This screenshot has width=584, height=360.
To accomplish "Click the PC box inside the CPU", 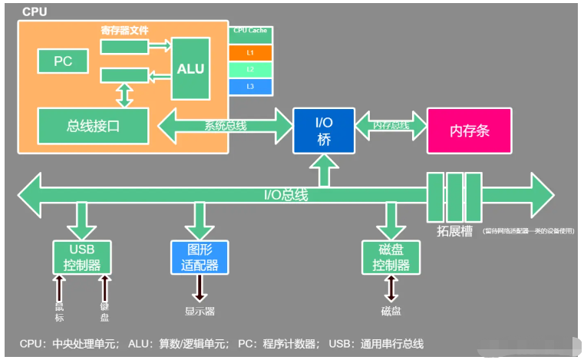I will coord(63,61).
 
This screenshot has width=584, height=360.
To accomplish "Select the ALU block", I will coord(190,68).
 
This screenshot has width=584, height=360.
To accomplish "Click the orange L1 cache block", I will coord(250,52).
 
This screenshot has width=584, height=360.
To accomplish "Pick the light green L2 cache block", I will coord(250,69).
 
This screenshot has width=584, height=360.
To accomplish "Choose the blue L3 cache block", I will coord(250,86).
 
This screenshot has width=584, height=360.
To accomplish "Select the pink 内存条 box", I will coord(468,130).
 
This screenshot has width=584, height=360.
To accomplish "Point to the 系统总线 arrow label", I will coord(225,126).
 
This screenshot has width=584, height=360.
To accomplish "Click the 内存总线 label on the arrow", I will coord(390,125).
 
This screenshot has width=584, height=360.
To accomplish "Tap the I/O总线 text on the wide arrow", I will coord(285,195).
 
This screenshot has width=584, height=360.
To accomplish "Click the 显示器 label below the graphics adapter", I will coord(200,311).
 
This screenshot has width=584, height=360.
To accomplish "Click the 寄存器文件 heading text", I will coord(124,31).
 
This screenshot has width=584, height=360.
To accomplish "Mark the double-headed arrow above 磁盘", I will coord(391,288).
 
